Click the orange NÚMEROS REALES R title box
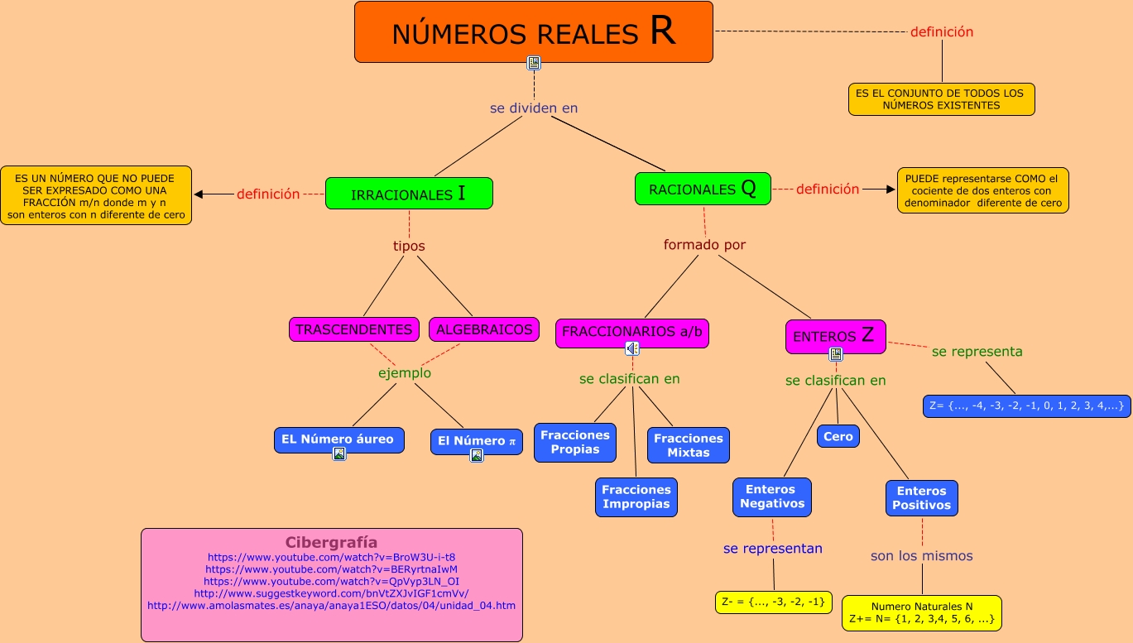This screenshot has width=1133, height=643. click(534, 32)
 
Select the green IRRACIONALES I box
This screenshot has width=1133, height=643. click(409, 194)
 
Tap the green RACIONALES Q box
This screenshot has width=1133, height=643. click(703, 189)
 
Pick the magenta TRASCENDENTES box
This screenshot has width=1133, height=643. click(354, 329)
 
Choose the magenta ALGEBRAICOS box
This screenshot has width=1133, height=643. click(484, 329)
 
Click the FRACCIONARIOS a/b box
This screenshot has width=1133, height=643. click(632, 332)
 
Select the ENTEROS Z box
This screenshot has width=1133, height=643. click(835, 335)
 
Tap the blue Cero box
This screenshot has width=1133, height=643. click(838, 436)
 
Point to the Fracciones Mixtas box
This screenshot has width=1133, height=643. click(688, 445)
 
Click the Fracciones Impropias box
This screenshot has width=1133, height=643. click(636, 497)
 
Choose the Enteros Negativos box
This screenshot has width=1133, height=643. click(772, 497)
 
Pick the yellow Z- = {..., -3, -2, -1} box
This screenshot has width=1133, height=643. click(773, 602)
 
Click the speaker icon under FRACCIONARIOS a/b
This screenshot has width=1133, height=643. click(632, 348)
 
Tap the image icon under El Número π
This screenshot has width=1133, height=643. click(477, 455)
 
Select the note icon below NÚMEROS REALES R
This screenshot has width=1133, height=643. click(534, 63)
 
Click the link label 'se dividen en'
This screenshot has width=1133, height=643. click(534, 108)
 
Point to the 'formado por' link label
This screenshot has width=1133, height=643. click(704, 245)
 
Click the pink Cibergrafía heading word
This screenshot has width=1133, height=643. click(331, 543)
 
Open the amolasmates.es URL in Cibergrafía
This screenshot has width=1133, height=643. click(331, 606)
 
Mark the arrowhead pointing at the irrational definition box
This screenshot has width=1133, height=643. click(199, 194)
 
